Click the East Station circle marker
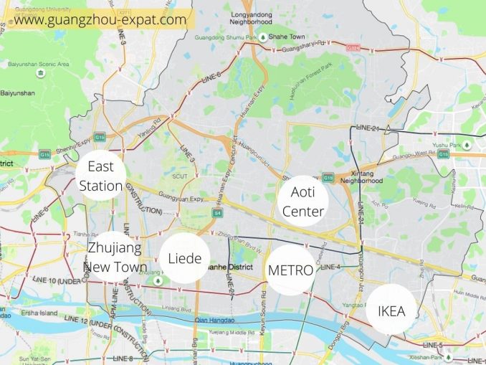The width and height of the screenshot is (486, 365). pyautogui.click(x=101, y=176)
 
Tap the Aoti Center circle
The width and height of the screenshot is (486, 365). pyautogui.click(x=303, y=201)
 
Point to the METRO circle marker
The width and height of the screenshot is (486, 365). pyautogui.click(x=290, y=270)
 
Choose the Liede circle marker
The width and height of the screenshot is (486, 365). pyautogui.click(x=184, y=258)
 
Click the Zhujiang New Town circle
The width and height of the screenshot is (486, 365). pyautogui.click(x=115, y=257)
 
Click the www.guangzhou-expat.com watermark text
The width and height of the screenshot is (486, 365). pyautogui.click(x=100, y=19)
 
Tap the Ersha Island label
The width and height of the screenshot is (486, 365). pyautogui.click(x=40, y=311)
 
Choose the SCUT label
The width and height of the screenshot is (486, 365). pyautogui.click(x=179, y=176)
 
